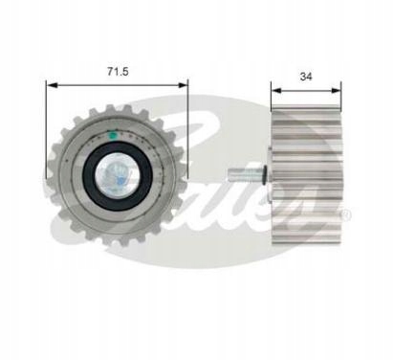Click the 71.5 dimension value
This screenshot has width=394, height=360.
(x=118, y=71)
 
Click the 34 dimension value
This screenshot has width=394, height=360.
(x=306, y=77)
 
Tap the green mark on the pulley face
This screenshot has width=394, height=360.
(x=113, y=135)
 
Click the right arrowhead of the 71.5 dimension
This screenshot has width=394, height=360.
(x=183, y=85)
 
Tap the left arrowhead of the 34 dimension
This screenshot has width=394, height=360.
(x=276, y=91)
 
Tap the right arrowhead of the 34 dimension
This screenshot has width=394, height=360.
(x=336, y=91)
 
